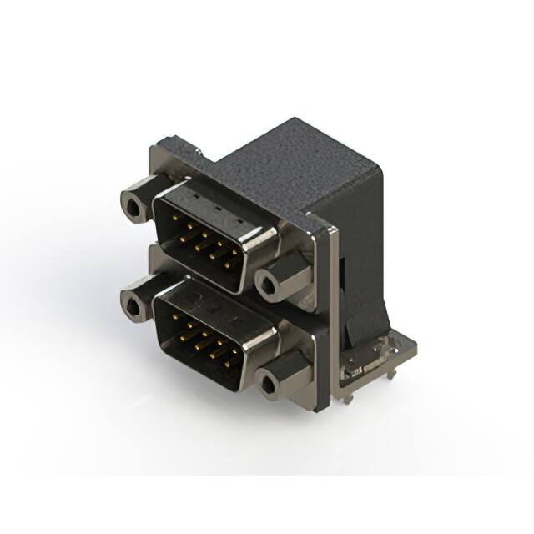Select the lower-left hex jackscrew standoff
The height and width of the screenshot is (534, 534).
136,301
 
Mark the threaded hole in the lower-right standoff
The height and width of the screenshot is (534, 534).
268,385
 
